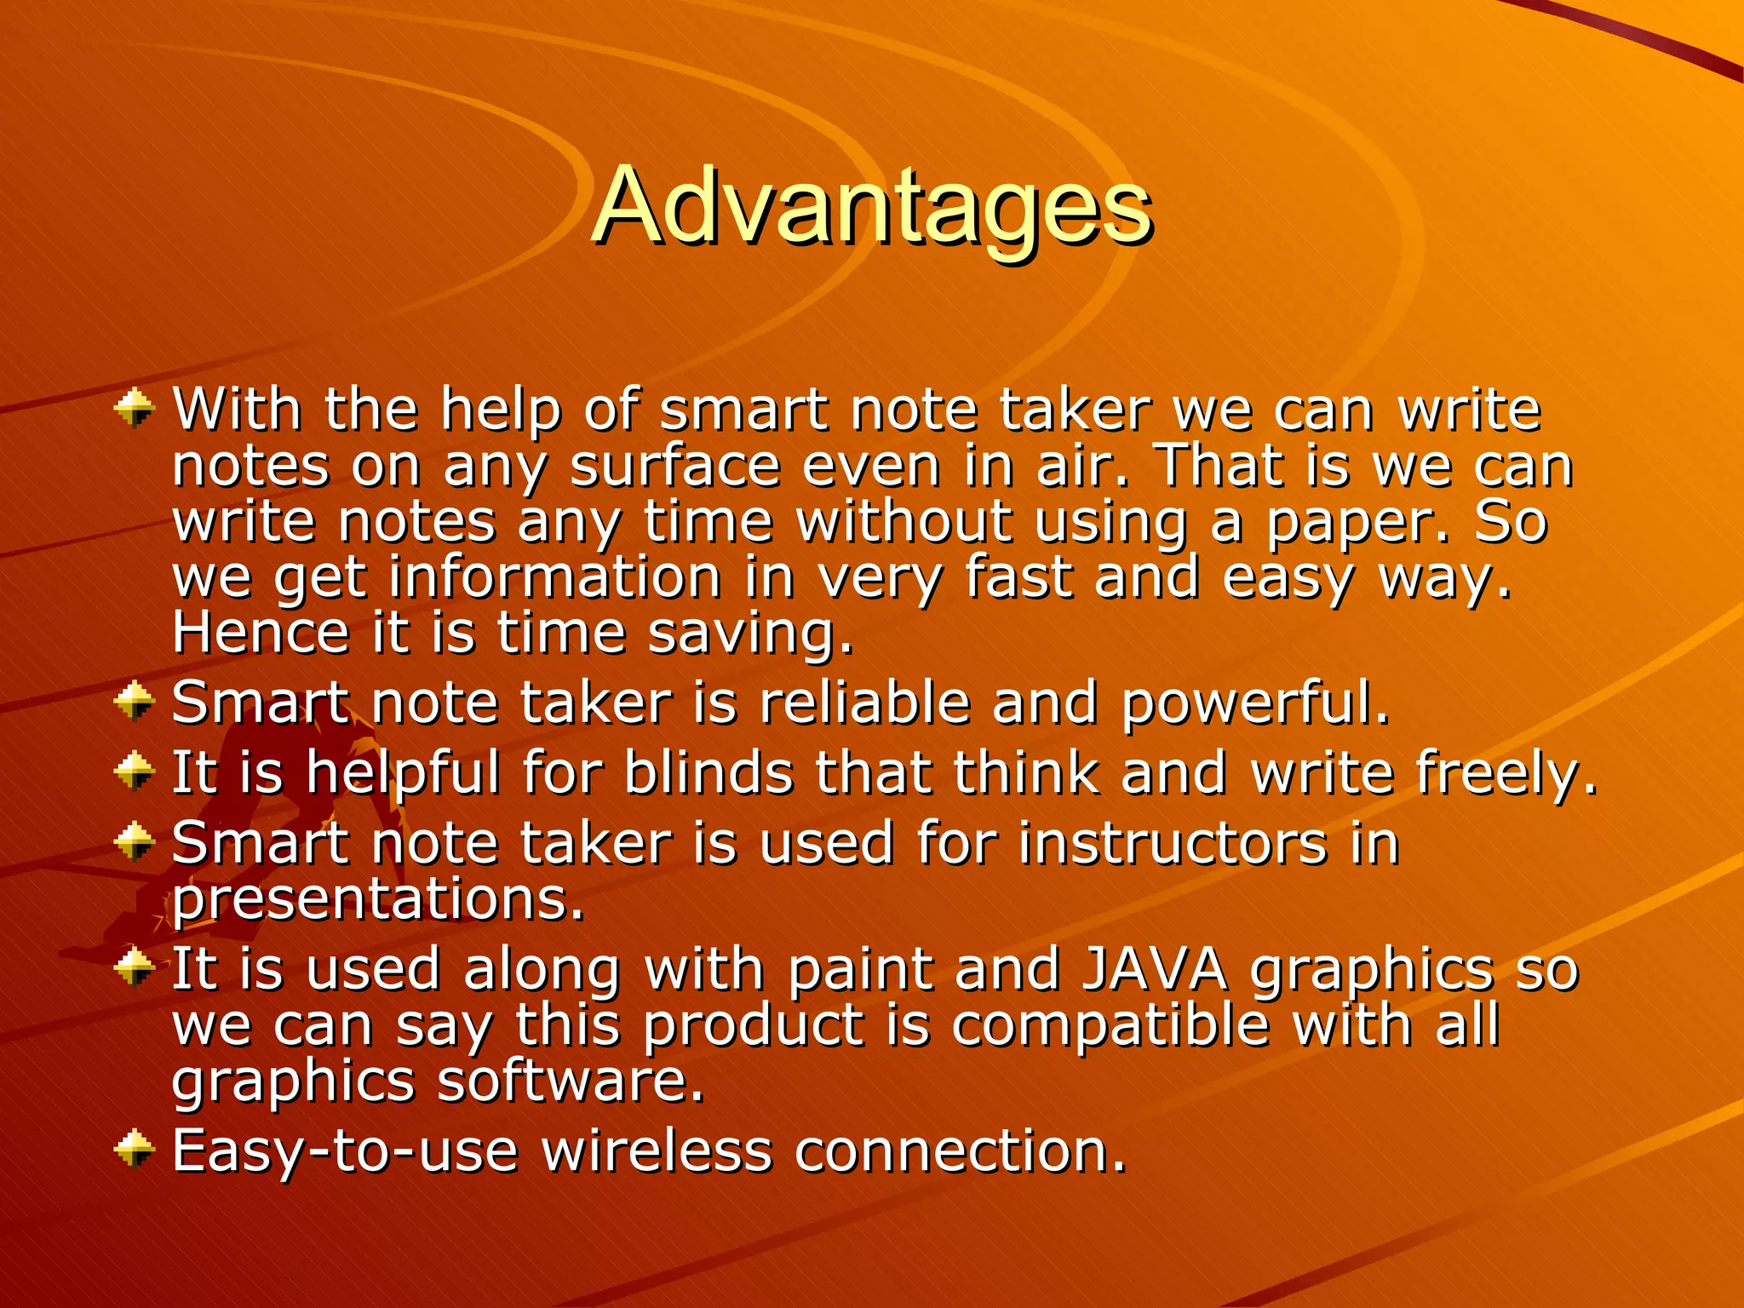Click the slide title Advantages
click(871, 207)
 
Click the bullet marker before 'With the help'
click(135, 409)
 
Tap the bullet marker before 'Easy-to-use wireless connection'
click(135, 1150)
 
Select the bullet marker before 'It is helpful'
click(135, 772)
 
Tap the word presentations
click(378, 900)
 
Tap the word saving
click(749, 634)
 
